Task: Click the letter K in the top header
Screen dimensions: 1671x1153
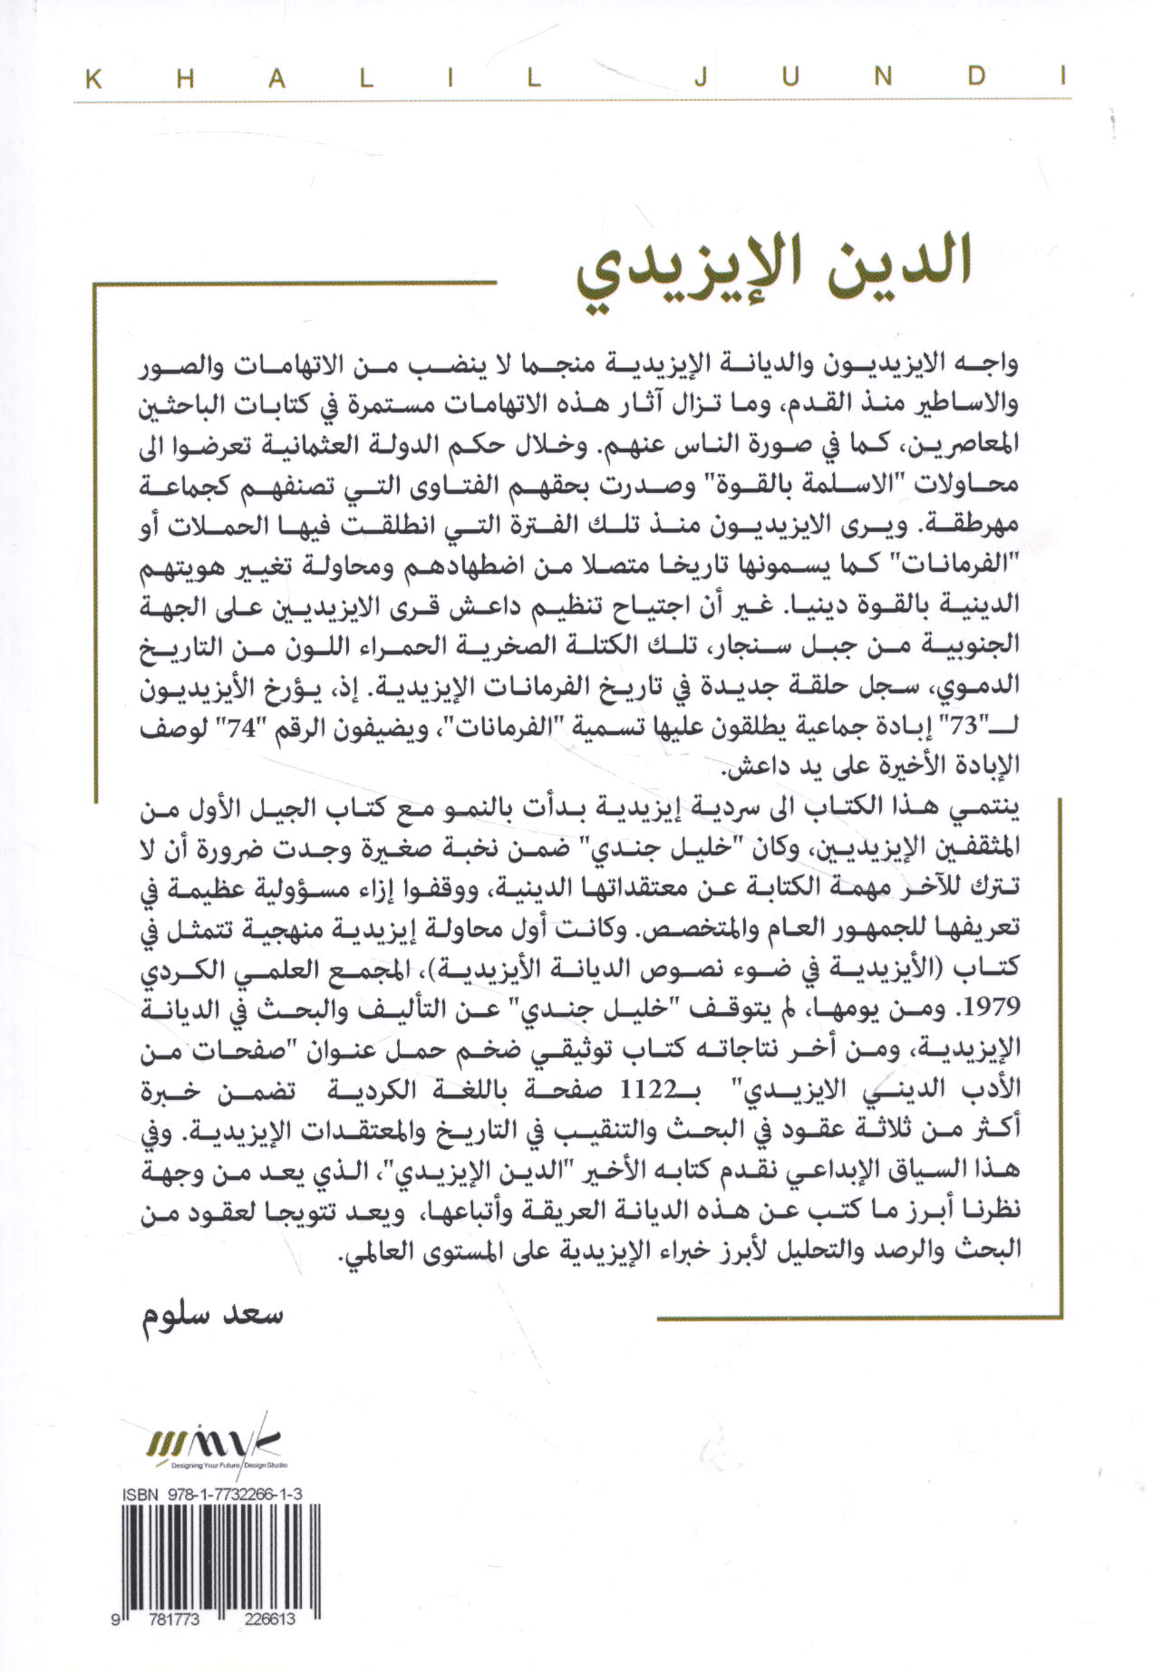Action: click(92, 80)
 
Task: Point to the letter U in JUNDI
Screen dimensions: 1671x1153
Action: click(790, 80)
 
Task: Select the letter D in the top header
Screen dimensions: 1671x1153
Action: click(976, 80)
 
